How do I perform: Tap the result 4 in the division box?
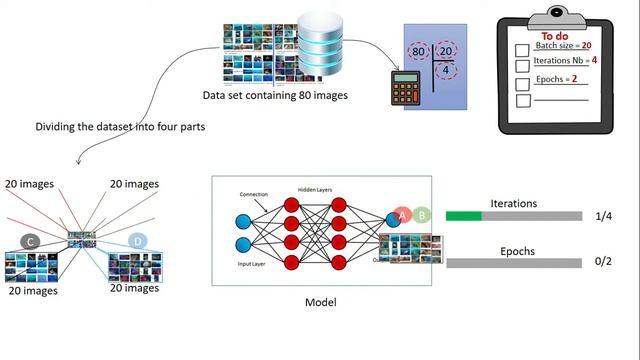[445, 72]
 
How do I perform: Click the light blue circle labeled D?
[138, 241]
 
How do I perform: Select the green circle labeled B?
[422, 214]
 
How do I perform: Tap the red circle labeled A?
[402, 214]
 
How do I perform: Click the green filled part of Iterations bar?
[463, 216]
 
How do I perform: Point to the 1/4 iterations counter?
[602, 217]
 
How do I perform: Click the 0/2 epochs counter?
[602, 263]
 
